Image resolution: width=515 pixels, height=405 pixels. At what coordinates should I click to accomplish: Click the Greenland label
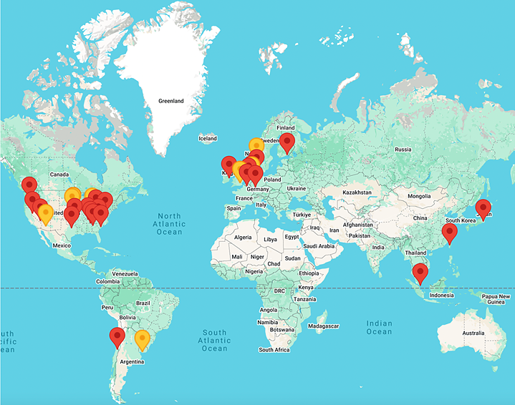click(171, 101)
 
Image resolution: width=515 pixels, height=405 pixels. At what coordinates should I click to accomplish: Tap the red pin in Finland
click(287, 142)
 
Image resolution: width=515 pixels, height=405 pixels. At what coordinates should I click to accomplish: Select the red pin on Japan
click(483, 208)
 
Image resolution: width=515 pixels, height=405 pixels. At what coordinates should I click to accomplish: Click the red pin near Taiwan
click(451, 232)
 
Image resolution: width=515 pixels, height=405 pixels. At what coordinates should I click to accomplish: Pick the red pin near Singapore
click(420, 271)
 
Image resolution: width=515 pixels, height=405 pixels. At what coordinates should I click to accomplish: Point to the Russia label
click(403, 150)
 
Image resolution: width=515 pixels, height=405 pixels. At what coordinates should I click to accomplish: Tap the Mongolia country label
click(419, 195)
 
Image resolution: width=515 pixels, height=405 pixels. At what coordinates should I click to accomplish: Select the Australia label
click(473, 333)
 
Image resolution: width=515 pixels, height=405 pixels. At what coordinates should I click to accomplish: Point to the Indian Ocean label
click(379, 327)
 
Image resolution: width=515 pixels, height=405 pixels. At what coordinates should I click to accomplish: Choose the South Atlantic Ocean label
click(214, 341)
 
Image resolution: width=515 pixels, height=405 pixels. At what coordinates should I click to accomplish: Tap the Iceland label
click(208, 138)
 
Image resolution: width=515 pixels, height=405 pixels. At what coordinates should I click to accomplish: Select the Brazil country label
click(143, 303)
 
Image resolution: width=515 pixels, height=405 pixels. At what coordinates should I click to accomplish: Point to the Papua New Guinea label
click(494, 298)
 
